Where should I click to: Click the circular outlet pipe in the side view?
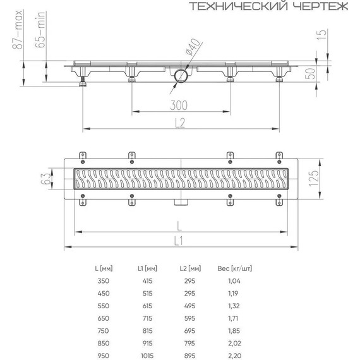coord(180,76)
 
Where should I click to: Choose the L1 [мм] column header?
coord(147,268)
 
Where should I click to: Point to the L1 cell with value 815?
coord(147,330)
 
